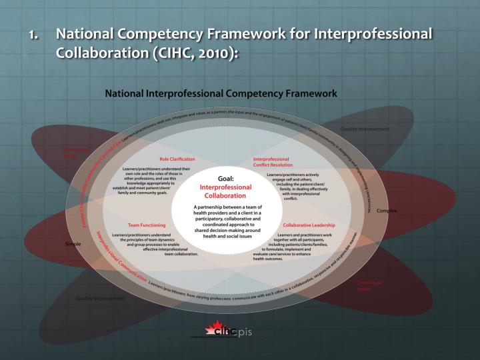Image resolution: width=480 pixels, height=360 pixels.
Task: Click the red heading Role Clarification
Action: click(177, 159)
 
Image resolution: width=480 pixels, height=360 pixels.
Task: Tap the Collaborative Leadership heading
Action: click(309, 225)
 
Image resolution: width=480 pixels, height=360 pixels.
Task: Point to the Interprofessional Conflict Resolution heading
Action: click(271, 162)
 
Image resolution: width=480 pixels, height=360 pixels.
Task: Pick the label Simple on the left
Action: click(73, 244)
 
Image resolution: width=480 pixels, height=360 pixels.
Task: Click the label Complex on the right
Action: click(387, 211)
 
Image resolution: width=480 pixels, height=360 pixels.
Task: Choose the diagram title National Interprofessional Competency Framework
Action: click(221, 93)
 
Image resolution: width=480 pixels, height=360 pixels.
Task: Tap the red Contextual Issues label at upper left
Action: click(76, 153)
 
